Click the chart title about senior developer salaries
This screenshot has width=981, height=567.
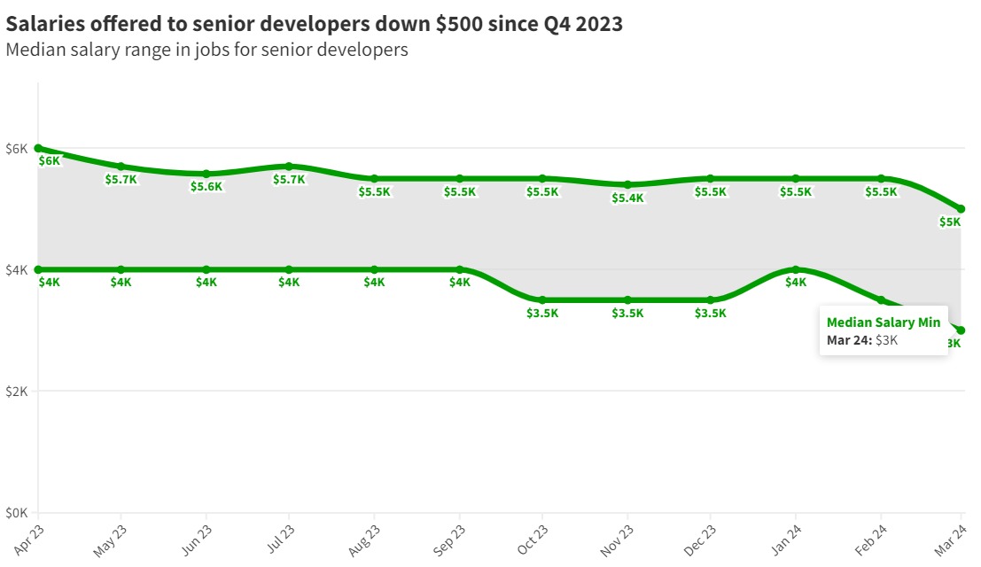pos(314,24)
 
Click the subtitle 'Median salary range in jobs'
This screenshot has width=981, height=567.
pos(206,50)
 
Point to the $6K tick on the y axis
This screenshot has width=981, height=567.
pos(18,148)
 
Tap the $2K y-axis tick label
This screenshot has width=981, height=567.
pos(18,391)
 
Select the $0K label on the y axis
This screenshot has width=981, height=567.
pos(18,512)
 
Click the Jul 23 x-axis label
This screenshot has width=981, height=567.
pos(276,539)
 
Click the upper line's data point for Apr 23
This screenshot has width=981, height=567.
pos(38,148)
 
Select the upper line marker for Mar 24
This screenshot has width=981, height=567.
pos(962,209)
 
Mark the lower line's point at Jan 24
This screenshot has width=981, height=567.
pos(796,269)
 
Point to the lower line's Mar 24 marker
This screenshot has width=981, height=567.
pos(962,330)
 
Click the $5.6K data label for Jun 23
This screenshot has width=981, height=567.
pos(206,187)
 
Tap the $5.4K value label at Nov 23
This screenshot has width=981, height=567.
pos(627,198)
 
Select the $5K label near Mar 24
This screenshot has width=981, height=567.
pos(950,222)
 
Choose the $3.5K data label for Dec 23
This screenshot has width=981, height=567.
pos(711,313)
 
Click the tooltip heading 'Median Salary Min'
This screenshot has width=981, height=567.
pos(884,322)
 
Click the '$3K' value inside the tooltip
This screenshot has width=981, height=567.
pos(886,340)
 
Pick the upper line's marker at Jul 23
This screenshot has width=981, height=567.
pos(289,167)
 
